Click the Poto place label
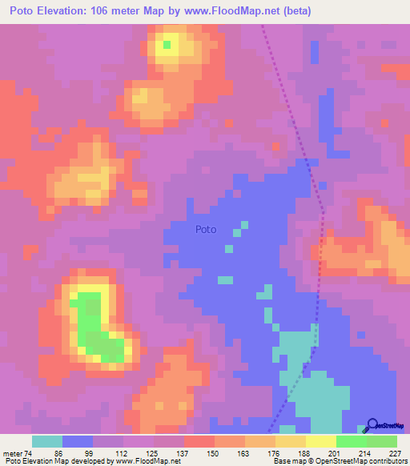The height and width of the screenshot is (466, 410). (206, 229)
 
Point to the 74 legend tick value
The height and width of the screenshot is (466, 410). (31, 452)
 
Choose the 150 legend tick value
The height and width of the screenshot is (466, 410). (215, 452)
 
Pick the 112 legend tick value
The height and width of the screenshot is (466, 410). (123, 452)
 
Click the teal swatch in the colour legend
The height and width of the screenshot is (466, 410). (47, 441)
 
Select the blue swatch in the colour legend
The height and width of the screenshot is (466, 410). (78, 441)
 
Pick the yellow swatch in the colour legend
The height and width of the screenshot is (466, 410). (321, 441)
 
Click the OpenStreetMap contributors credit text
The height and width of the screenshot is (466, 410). (368, 461)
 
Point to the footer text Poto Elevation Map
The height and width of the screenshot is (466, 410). (30, 461)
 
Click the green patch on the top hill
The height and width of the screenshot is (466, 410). (167, 45)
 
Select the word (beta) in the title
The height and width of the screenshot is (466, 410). (295, 11)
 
